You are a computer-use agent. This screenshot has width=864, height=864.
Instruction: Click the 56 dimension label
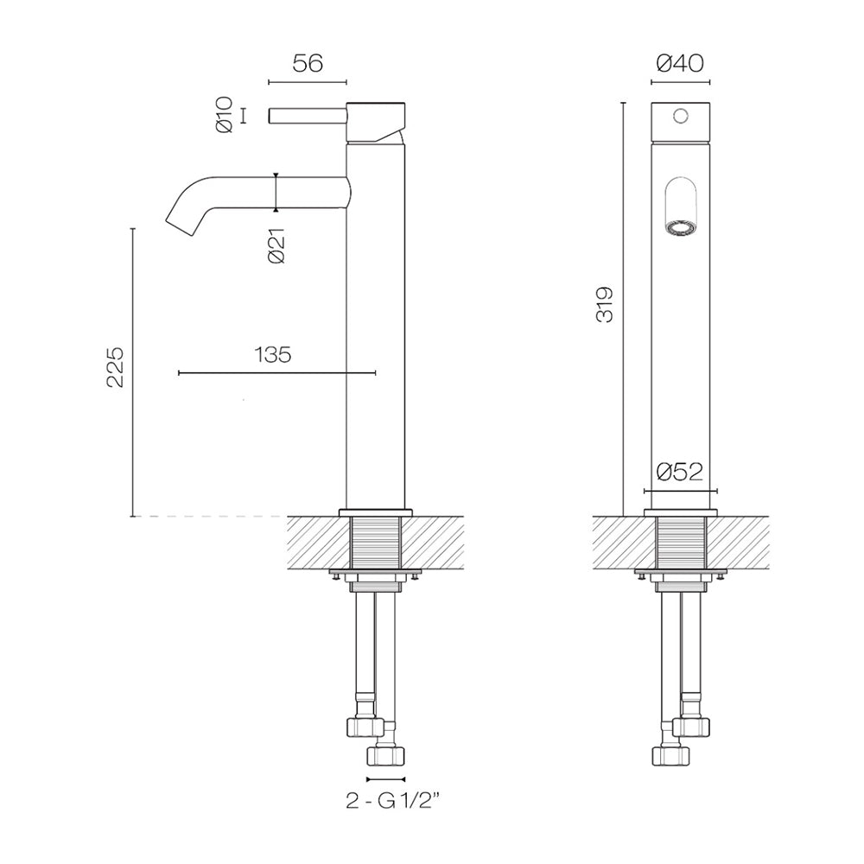[x=308, y=64]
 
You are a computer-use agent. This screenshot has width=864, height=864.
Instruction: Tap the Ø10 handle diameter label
[x=226, y=115]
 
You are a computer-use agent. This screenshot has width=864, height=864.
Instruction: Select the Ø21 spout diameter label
[x=276, y=245]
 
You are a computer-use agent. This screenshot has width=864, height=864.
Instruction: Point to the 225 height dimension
[x=115, y=367]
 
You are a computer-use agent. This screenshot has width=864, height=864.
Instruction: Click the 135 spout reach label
[x=273, y=355]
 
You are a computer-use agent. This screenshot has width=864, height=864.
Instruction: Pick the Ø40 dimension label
[x=680, y=64]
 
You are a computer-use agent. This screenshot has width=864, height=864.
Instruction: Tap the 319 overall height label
[x=604, y=304]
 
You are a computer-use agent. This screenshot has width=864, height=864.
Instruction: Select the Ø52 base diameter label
[x=680, y=473]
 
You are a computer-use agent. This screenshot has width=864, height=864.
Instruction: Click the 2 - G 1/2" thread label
[x=393, y=801]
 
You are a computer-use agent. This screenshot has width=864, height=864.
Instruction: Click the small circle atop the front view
[x=681, y=117]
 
